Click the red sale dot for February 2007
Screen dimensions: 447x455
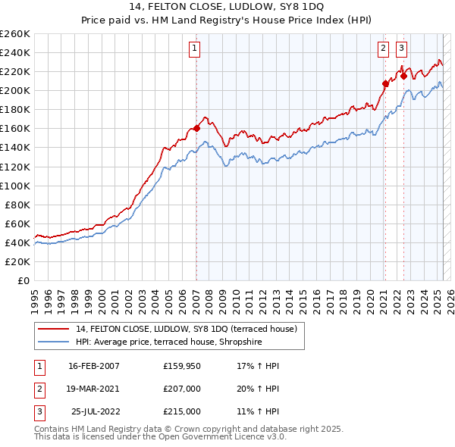[x=196, y=128]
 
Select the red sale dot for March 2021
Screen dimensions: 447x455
[x=385, y=83]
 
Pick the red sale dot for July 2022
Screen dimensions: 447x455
[x=404, y=76]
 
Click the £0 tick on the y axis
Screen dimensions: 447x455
[x=23, y=280]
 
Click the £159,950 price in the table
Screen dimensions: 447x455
[x=181, y=366]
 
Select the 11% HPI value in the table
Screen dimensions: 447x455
[x=259, y=411]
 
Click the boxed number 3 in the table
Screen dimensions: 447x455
[x=39, y=411]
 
